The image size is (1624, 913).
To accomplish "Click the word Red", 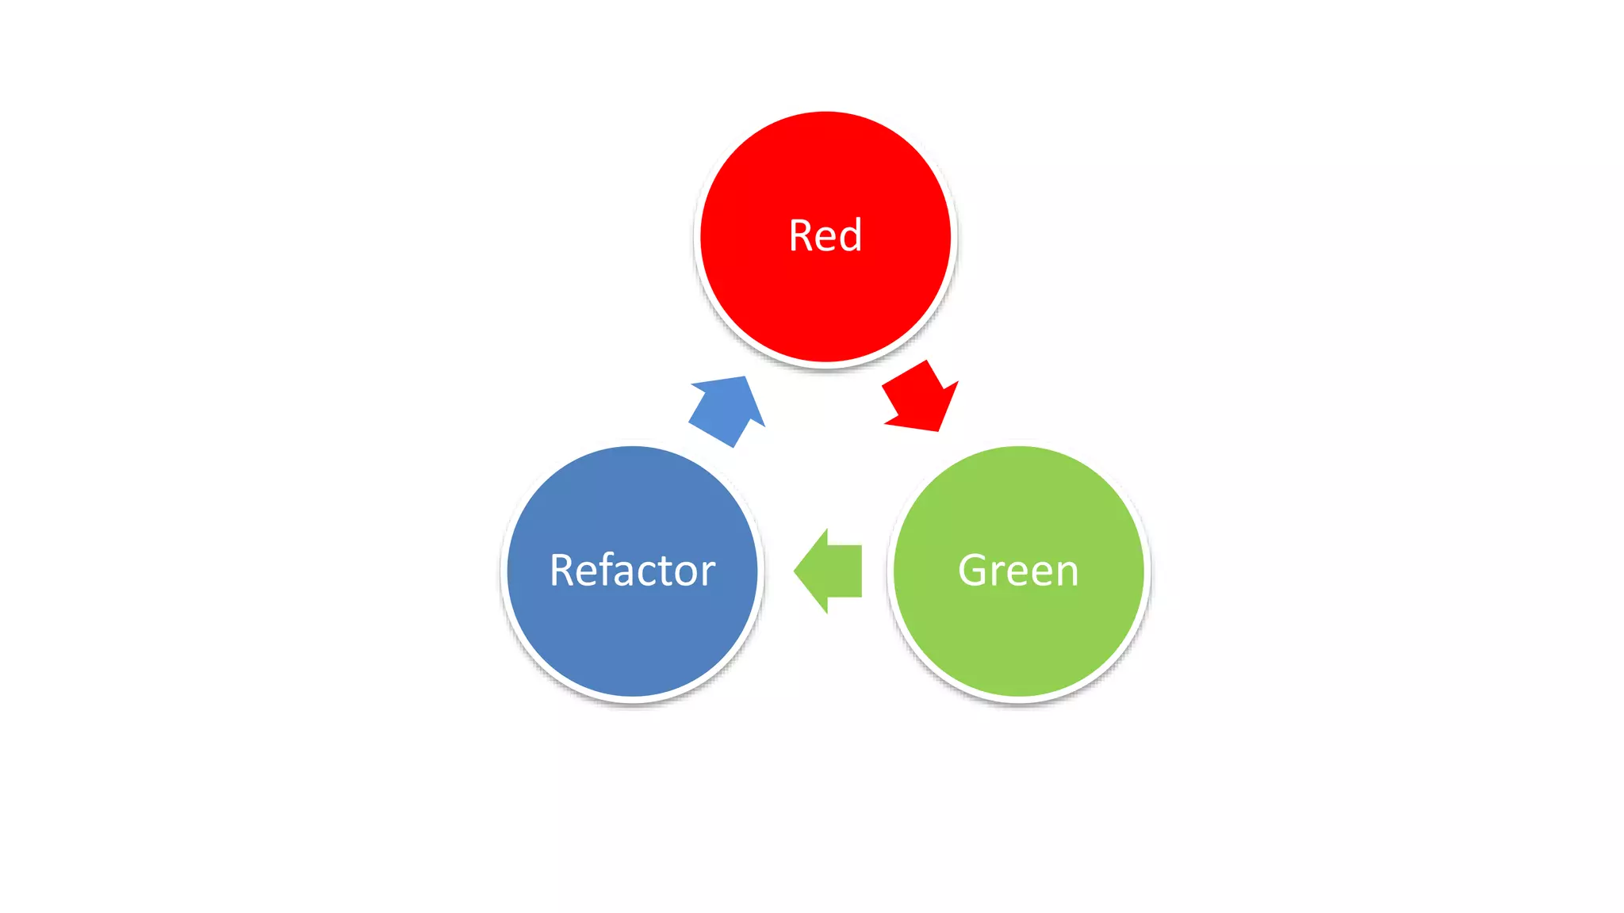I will point(825,235).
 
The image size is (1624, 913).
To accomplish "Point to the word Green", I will point(1018,570).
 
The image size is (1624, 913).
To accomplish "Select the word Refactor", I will point(633,570).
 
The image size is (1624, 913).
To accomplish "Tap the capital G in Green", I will point(973,570).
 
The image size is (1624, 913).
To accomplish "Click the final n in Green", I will point(1067,573).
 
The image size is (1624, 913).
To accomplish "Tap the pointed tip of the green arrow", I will point(795,571).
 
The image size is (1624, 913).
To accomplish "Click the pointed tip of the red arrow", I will point(938,430).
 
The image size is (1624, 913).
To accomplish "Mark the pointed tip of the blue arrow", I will point(745,378).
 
